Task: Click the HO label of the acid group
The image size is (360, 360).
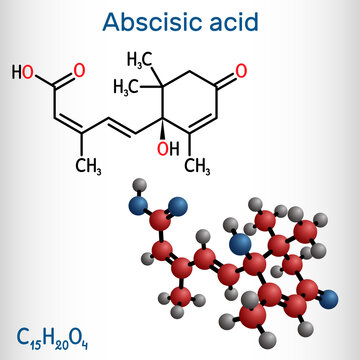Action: click(22, 73)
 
